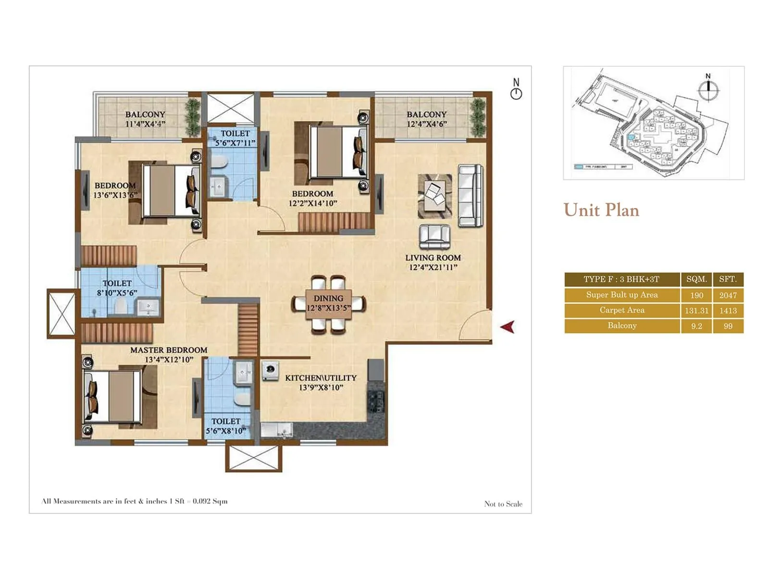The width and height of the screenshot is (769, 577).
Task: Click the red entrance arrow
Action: [x=508, y=327]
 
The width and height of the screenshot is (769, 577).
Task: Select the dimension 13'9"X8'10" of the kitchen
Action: [x=321, y=388]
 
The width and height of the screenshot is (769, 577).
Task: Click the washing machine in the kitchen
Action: [x=271, y=370]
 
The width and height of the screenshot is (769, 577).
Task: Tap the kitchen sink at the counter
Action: [x=278, y=429]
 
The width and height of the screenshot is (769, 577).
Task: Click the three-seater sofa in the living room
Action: [x=470, y=196]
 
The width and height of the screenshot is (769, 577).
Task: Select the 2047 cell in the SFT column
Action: [x=728, y=295]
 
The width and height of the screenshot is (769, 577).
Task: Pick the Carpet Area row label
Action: [x=622, y=310]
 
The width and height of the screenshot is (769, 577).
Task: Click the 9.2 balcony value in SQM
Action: [x=696, y=326]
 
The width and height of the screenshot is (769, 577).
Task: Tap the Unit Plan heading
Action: [x=601, y=210]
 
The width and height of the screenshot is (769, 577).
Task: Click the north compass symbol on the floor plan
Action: [x=516, y=90]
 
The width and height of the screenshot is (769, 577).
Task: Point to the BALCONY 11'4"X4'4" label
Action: [x=145, y=119]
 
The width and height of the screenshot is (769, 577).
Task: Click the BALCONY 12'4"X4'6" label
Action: [x=426, y=119]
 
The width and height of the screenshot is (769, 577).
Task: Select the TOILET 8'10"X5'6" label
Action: [x=117, y=288]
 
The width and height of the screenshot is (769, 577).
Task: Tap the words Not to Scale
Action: [x=503, y=504]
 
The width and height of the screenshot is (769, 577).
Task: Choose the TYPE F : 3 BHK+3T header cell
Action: [x=621, y=279]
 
